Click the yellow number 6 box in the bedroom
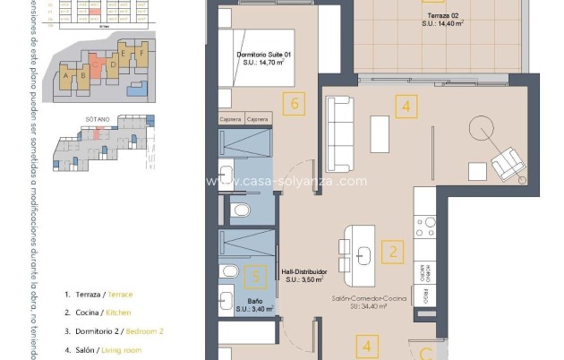pos(295,104)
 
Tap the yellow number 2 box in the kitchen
pos(391,252)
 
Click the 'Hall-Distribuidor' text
pos(303,275)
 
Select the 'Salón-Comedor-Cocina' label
pos(359,302)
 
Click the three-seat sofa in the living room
pos(340,133)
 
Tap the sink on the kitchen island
pos(363,254)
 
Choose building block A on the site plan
pos(66,77)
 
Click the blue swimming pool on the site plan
pos(136,89)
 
